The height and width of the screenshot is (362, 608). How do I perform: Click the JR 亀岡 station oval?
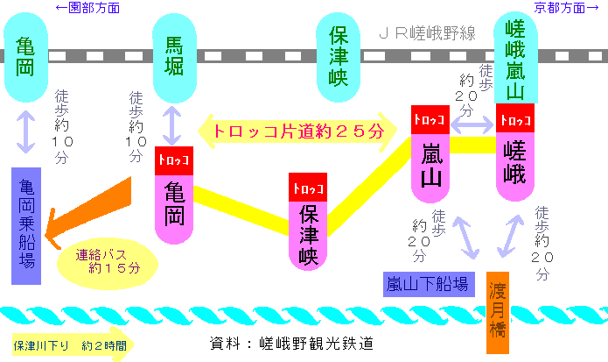[x=25, y=57]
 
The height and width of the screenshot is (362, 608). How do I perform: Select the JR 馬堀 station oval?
[x=174, y=58]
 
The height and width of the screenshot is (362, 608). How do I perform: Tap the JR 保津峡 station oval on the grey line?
[x=339, y=57]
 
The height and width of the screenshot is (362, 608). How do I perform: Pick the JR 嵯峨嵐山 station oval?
[x=516, y=58]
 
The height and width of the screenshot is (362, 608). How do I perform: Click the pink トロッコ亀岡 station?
[x=174, y=195]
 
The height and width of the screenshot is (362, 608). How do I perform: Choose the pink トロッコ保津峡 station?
[x=308, y=222]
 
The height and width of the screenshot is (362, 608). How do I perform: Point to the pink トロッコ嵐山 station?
[x=430, y=153]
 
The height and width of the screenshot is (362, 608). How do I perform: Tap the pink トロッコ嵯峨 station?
[x=515, y=153]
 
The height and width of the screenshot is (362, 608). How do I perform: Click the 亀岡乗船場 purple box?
[x=26, y=226]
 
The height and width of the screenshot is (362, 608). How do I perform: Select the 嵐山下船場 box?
[x=429, y=284]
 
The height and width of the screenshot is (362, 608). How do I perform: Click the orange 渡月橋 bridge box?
[x=498, y=313]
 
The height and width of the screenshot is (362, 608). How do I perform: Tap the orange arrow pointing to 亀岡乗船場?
[x=88, y=213]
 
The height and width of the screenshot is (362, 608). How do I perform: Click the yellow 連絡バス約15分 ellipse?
[x=108, y=264]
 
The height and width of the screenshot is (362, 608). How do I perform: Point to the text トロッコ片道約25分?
[x=298, y=131]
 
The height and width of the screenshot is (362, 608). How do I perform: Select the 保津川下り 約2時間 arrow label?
[x=70, y=345]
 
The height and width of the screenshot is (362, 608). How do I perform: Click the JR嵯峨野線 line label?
[x=427, y=33]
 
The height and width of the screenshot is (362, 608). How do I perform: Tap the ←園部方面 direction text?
[x=87, y=7]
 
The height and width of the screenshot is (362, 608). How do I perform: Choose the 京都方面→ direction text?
[x=567, y=7]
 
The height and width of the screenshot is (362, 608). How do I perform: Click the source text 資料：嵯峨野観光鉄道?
[x=291, y=344]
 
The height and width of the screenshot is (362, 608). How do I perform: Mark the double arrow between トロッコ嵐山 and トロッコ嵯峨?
[x=472, y=124]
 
